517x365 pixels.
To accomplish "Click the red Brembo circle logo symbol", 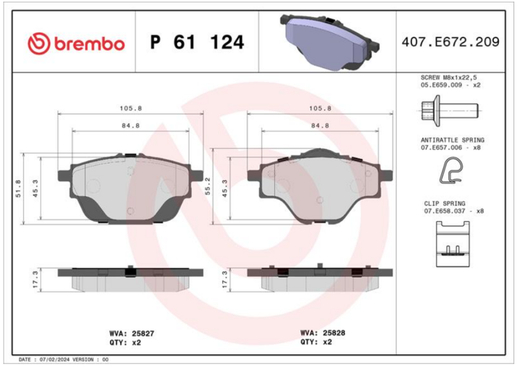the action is point(39,43).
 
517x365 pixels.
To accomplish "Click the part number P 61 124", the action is point(197,42).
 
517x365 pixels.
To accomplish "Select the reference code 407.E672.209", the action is point(450,42).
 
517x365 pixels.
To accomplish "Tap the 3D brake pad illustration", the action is point(330,42).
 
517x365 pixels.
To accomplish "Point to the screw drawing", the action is point(450,111).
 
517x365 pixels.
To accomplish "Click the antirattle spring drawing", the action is point(451,170).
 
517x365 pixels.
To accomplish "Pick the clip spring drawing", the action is point(453,244).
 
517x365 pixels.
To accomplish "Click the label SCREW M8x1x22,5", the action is point(448,78).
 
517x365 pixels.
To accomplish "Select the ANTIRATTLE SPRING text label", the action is point(452,140).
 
